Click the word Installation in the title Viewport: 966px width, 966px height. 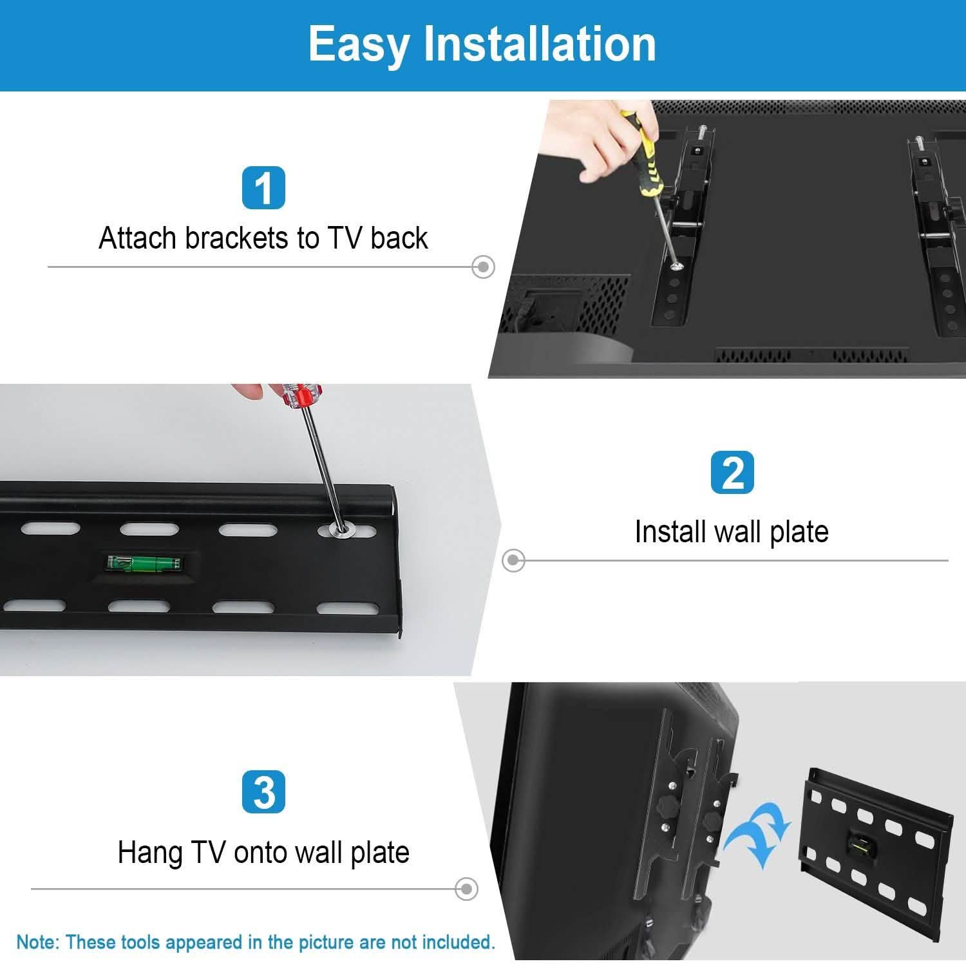540,44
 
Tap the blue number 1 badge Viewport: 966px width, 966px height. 263,188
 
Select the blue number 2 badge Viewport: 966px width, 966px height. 732,473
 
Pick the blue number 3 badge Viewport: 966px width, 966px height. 263,792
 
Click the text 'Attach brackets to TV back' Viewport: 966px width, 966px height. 263,238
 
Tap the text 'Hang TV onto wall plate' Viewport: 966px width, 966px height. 263,853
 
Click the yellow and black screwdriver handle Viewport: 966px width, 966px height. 641,155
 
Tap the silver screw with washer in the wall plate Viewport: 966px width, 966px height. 341,530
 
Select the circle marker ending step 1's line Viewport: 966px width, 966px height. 483,266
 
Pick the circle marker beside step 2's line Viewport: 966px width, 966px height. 513,560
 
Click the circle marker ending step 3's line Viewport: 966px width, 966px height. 466,889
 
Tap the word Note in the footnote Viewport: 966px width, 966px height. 37,942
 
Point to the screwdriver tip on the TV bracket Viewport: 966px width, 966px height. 676,264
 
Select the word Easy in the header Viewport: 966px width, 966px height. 358,44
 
